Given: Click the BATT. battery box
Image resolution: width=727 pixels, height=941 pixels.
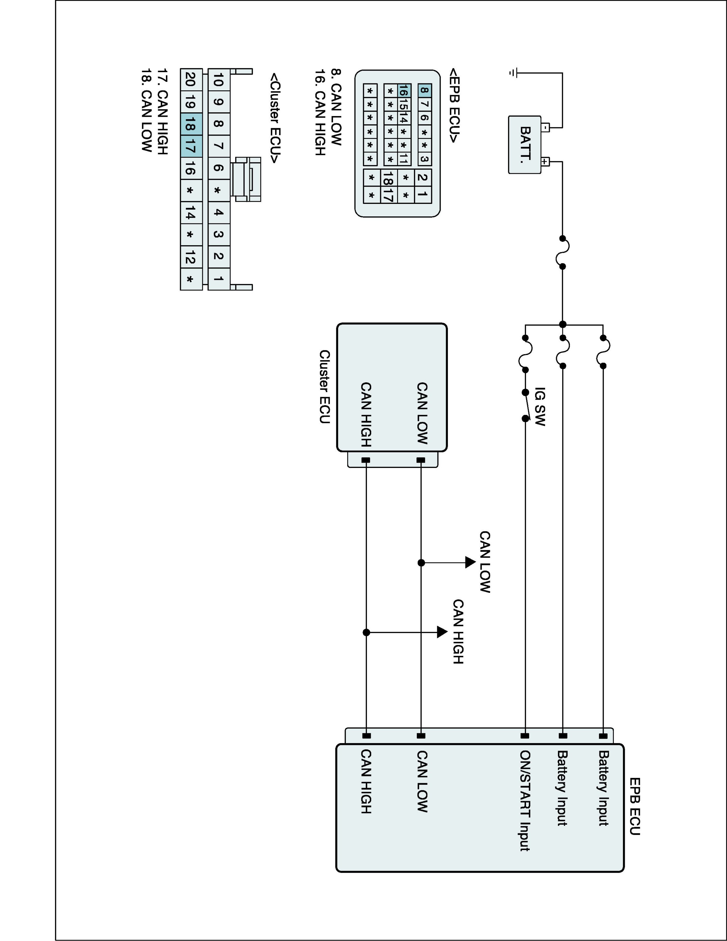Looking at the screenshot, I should [x=525, y=145].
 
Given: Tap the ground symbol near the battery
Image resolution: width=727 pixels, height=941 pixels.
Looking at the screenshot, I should [x=512, y=73].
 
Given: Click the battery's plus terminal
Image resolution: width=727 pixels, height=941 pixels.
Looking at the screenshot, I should [x=545, y=162].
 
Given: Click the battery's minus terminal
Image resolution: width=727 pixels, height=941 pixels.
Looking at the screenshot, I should [x=545, y=128].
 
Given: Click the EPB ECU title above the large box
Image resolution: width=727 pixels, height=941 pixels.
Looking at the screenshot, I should [x=635, y=806].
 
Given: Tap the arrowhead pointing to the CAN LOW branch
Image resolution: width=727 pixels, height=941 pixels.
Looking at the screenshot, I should [x=470, y=562].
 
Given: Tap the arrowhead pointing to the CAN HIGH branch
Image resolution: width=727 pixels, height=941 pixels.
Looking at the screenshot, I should [x=442, y=632].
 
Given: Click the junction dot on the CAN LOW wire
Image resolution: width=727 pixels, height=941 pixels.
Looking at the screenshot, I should [x=421, y=563].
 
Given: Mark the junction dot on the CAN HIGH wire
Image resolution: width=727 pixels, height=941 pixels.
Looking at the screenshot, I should [x=366, y=632].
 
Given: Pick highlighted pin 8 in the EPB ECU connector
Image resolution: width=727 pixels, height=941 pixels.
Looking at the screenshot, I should [x=424, y=90].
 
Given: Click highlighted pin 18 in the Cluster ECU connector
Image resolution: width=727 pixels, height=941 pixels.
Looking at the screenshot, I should [x=191, y=124].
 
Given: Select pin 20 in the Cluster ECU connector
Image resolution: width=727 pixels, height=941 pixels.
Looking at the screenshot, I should [x=191, y=79].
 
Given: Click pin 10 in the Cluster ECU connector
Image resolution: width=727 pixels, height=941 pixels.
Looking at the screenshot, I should [x=218, y=79].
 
